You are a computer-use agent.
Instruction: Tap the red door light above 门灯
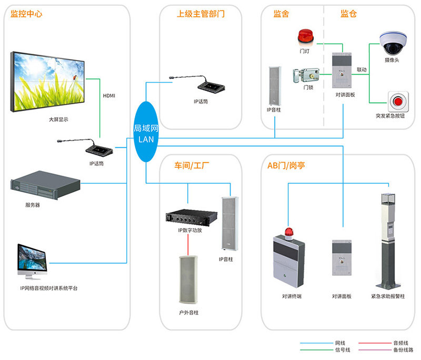pos(305,36)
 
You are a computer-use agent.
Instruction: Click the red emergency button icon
pos(397,100)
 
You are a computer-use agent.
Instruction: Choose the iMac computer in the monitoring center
pos(34,262)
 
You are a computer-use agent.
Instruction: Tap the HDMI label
pos(108,96)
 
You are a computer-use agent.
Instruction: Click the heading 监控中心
pos(26,14)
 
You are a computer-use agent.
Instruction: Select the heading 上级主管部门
pos(201,14)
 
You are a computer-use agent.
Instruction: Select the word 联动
pos(362,69)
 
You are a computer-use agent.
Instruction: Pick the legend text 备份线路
pos(403,349)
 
